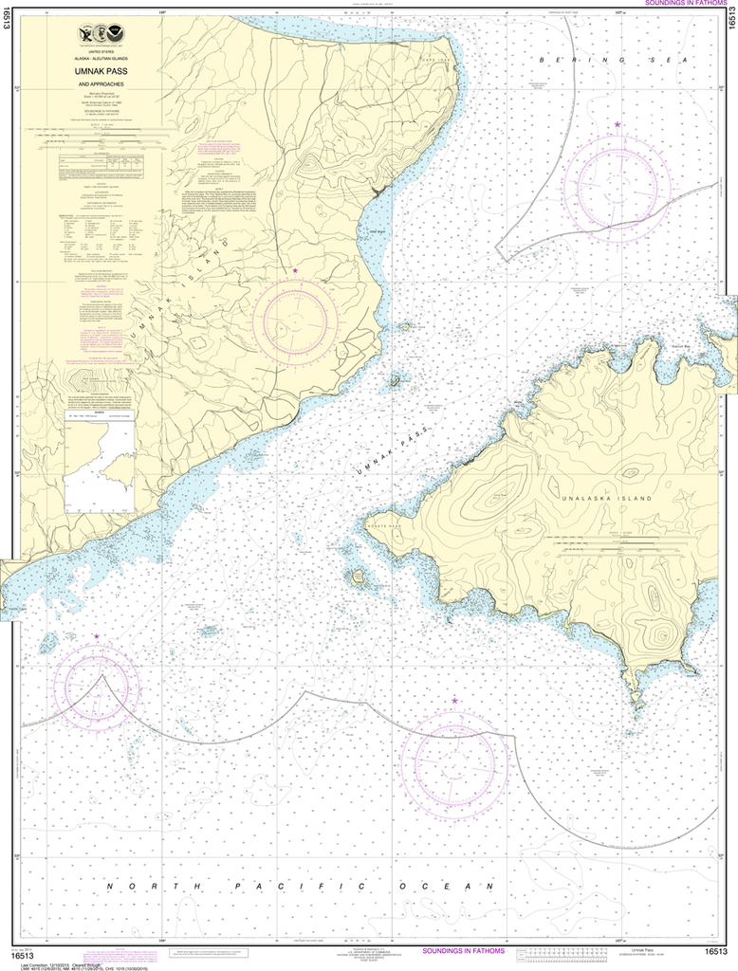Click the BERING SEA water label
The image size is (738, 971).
click(612, 59)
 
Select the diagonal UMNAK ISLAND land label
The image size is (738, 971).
click(185, 284)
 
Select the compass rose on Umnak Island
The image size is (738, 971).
click(295, 321)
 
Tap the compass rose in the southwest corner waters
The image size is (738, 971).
click(96, 684)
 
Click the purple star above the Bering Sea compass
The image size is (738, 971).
click(618, 124)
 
